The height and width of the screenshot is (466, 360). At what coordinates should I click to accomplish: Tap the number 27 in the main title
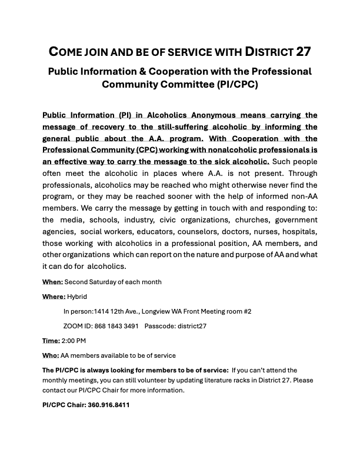point(303,51)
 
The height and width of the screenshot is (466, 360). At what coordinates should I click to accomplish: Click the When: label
point(52,282)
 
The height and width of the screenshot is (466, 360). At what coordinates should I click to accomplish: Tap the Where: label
point(54,297)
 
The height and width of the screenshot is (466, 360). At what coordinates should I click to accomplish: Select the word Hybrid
point(77,297)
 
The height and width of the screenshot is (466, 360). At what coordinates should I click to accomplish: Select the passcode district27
point(191,326)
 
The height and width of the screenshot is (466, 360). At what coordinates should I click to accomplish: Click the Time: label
point(51,341)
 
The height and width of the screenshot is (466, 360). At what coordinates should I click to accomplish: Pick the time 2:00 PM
point(74,341)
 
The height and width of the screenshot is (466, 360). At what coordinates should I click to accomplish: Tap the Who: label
point(51,355)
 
